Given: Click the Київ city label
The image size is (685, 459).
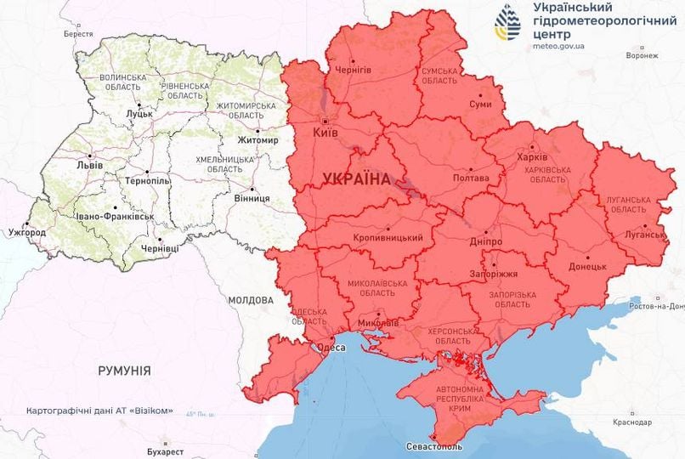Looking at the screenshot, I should click(326, 133).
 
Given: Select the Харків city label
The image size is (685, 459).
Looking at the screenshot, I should click(533, 157).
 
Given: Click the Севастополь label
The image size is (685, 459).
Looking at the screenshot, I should click(434, 446).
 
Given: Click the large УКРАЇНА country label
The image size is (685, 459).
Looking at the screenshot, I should click(357, 179).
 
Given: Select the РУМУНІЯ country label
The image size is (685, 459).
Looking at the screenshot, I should click(124, 371).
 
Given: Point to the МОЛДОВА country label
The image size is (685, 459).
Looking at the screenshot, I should click(251, 300).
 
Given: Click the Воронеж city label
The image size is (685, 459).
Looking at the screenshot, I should click(642, 55).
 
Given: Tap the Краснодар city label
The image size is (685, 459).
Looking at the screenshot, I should click(630, 422).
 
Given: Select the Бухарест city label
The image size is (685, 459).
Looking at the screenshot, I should click(164, 451).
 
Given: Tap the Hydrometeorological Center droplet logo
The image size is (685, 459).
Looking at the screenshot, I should click(509, 23).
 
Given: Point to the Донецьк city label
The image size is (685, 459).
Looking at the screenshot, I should click(587, 266).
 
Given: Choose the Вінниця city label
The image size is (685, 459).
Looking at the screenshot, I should click(252, 198).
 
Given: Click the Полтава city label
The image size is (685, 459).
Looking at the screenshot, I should click(472, 178).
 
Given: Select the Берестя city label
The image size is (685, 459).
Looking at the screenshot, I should click(78, 34).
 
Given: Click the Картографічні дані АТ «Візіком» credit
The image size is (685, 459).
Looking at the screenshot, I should click(99, 411).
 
